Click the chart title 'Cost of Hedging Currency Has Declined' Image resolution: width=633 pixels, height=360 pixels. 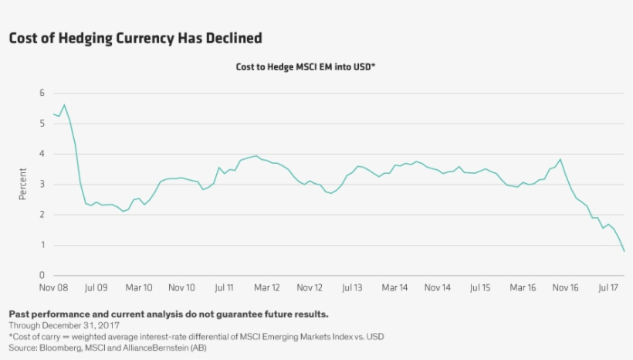coord(135,38)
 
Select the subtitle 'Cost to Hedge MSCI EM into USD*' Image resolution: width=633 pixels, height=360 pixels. coord(305,67)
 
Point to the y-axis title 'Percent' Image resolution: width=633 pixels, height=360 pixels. coord(22,184)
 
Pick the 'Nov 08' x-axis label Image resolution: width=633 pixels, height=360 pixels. coord(54,288)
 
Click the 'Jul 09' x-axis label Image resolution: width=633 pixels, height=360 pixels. coord(96,288)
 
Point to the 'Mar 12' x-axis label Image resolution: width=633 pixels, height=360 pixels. coord(266,288)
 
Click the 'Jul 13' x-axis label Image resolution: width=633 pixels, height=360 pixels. coord(352,288)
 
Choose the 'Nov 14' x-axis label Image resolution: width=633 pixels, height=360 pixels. coord(437,288)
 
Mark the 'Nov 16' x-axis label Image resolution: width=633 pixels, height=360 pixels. coord(565,288)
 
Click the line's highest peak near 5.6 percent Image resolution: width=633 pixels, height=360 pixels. coord(64,105)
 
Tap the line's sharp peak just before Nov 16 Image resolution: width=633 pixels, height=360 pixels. coord(560,160)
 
